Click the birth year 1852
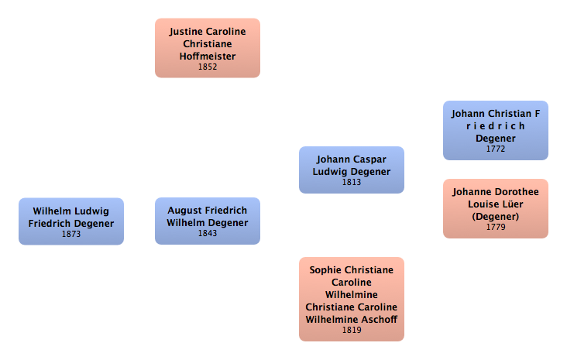[x=208, y=67]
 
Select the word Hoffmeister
[x=208, y=57]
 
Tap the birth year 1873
[x=71, y=235]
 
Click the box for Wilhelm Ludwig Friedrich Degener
[x=71, y=221]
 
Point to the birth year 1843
[x=208, y=234]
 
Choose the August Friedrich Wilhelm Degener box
[x=208, y=221]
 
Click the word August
[x=183, y=211]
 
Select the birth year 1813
[x=352, y=182]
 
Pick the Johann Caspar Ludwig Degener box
[x=352, y=170]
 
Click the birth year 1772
[x=496, y=149]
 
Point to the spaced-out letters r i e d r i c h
[x=496, y=126]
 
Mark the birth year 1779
[x=496, y=227]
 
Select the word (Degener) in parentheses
[x=496, y=217]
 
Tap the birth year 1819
[x=352, y=330]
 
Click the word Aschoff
[x=381, y=320]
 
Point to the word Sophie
[x=322, y=270]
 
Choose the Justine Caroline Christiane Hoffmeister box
[x=208, y=48]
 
